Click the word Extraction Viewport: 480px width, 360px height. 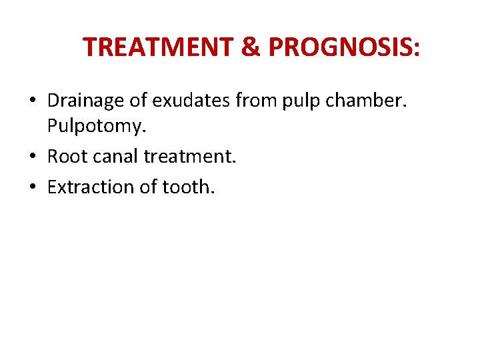click(90, 187)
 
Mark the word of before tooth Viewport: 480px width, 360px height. click(147, 187)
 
